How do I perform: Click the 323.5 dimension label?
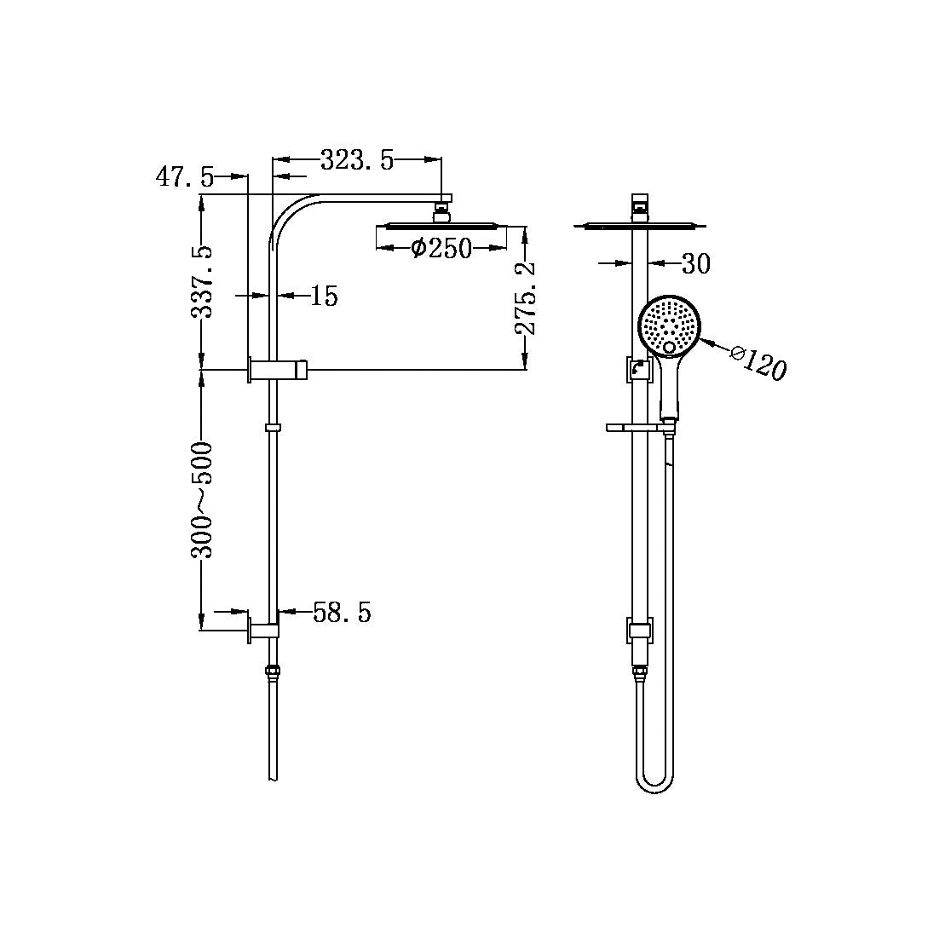pos(357,159)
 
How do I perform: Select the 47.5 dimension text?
pos(184,177)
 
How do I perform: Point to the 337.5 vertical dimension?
pos(202,280)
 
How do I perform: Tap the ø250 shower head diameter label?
pos(440,248)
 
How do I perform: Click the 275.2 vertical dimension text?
pos(526,298)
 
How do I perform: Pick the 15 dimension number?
pos(324,296)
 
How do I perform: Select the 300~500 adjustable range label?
pos(202,499)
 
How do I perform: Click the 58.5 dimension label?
pos(342,612)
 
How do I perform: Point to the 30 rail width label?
pos(695,264)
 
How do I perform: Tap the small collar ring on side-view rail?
pos(273,427)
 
